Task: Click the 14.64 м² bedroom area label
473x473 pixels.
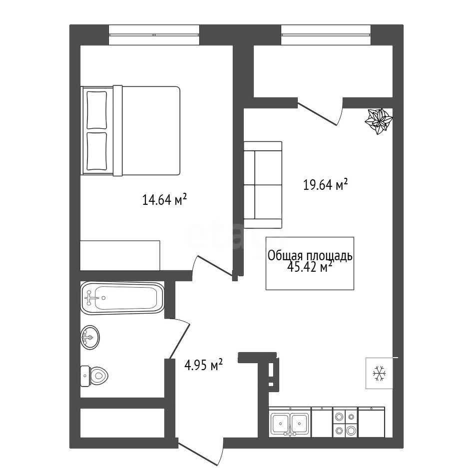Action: point(165,200)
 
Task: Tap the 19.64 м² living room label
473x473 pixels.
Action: point(326,184)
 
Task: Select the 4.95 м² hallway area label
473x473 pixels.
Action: point(203,365)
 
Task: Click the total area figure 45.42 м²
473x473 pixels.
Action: point(310,267)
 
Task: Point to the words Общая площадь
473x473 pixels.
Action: point(310,256)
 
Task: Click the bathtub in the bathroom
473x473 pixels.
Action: point(122,298)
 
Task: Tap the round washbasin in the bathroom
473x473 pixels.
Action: point(90,337)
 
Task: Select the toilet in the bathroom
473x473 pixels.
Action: point(94,376)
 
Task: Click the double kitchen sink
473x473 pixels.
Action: point(290,423)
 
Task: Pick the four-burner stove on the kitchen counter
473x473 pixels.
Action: point(345,423)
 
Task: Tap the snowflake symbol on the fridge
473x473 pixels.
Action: point(379,373)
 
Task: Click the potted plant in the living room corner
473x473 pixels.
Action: point(378,121)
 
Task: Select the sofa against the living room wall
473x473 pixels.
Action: point(263,185)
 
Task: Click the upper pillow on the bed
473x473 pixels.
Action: point(97,110)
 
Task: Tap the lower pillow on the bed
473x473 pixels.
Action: point(97,151)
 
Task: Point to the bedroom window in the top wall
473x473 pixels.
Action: point(154,35)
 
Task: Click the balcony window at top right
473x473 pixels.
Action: point(326,35)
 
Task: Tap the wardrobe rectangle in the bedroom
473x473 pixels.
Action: point(120,256)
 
